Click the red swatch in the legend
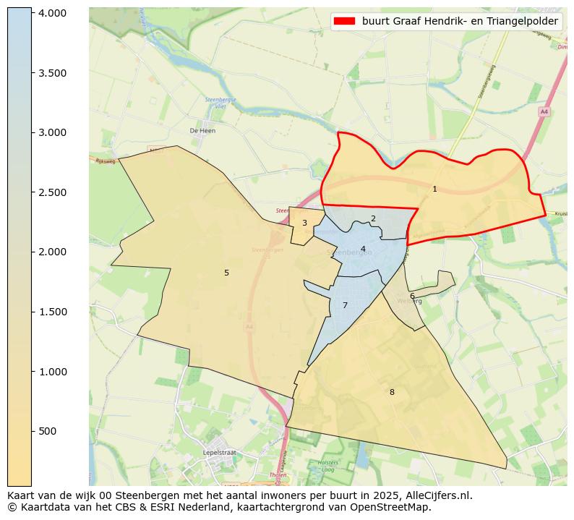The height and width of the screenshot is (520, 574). [x=345, y=22]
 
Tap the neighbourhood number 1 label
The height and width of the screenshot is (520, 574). [x=434, y=189]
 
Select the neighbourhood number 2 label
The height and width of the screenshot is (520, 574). [x=373, y=218]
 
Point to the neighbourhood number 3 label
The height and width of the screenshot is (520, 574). [x=304, y=223]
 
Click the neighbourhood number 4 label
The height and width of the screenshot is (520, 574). [x=363, y=250]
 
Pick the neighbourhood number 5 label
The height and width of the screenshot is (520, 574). [x=226, y=273]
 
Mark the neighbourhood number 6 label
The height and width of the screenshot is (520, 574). [x=412, y=296]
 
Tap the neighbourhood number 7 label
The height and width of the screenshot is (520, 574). [x=345, y=305]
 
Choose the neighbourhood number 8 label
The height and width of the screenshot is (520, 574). [x=392, y=392]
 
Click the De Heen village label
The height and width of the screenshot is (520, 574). [x=202, y=131]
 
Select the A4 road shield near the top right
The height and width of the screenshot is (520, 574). [x=544, y=111]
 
